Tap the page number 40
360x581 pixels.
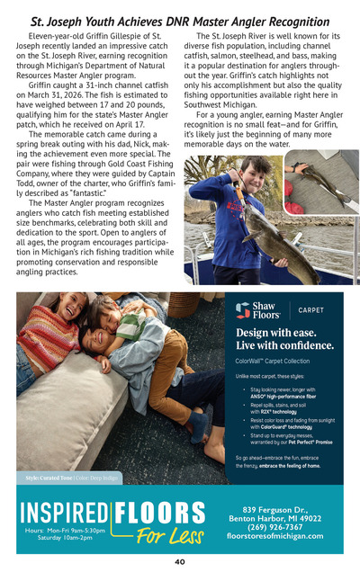click(x=180, y=562)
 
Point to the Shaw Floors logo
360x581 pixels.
click(x=256, y=310)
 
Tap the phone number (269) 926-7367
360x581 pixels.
click(x=275, y=527)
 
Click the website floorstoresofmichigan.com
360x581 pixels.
click(x=275, y=536)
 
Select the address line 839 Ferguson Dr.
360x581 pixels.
click(x=275, y=509)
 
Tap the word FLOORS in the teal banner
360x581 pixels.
click(x=163, y=514)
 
